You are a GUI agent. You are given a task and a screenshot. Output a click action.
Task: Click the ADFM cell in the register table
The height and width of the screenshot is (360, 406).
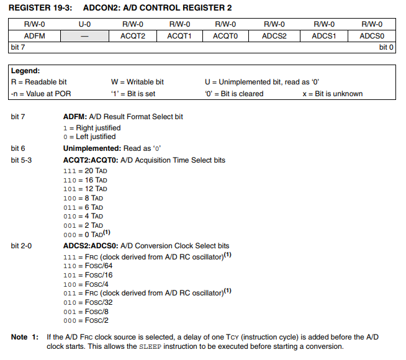[35, 36]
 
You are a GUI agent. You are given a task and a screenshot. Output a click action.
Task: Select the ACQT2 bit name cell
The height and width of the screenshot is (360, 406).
[133, 36]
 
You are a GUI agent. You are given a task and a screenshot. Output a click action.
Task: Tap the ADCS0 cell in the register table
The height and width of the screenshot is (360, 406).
[371, 36]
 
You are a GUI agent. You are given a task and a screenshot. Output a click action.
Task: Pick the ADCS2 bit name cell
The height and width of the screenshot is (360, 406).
[274, 36]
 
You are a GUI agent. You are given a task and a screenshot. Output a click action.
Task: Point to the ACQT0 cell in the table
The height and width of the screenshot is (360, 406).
[225, 36]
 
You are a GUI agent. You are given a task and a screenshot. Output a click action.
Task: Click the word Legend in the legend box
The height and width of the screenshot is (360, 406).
[25, 71]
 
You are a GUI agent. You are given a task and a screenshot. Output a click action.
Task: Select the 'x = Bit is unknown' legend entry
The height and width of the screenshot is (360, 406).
[332, 94]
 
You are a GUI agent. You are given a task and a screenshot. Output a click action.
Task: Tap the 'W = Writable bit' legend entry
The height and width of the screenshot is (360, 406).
[137, 82]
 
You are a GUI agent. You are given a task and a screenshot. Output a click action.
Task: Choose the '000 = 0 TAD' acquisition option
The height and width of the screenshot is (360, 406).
[87, 235]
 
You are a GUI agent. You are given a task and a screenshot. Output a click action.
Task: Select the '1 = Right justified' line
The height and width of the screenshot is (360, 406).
[92, 127]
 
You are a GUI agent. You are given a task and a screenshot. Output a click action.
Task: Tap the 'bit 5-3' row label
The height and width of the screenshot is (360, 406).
[24, 160]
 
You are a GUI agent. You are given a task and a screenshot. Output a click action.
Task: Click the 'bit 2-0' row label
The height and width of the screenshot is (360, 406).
[24, 246]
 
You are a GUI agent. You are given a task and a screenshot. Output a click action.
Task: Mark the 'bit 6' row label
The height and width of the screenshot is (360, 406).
[20, 148]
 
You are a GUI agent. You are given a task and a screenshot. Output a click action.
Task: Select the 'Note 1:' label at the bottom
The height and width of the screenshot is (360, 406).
[29, 337]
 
